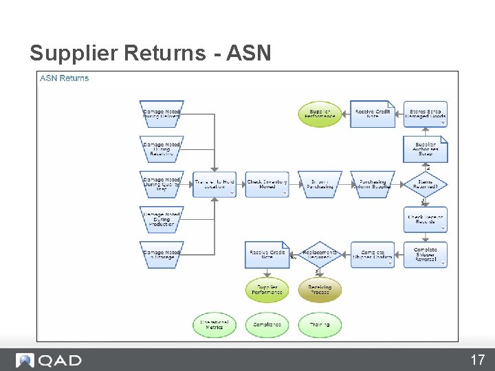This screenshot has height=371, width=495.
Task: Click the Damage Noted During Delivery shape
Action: (x=162, y=114)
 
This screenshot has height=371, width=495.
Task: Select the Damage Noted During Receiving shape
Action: (x=162, y=149)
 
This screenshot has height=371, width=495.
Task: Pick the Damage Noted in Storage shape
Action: (x=162, y=254)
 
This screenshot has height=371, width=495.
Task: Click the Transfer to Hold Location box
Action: (x=214, y=184)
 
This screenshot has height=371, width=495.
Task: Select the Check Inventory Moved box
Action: (x=267, y=184)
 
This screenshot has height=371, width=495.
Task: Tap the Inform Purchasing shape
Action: (x=320, y=184)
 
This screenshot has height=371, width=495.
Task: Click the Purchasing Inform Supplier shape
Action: (x=373, y=184)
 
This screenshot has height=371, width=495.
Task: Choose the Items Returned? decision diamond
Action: (x=425, y=184)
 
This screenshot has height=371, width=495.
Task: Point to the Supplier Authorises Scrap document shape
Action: (x=425, y=149)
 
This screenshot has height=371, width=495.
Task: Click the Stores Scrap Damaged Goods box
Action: (x=425, y=114)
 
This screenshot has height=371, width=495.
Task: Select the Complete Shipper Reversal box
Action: (x=425, y=254)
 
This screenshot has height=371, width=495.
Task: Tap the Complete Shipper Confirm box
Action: (x=373, y=254)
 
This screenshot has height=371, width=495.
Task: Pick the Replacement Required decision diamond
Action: (x=320, y=254)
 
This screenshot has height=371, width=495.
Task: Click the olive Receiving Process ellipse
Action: (x=320, y=289)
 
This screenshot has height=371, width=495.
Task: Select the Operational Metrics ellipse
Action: (x=214, y=324)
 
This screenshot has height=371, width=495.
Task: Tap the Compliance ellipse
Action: (x=267, y=324)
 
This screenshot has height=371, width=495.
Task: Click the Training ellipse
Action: (x=320, y=324)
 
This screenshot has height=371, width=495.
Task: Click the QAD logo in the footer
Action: (x=49, y=360)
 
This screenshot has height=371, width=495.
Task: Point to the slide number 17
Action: (x=477, y=360)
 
